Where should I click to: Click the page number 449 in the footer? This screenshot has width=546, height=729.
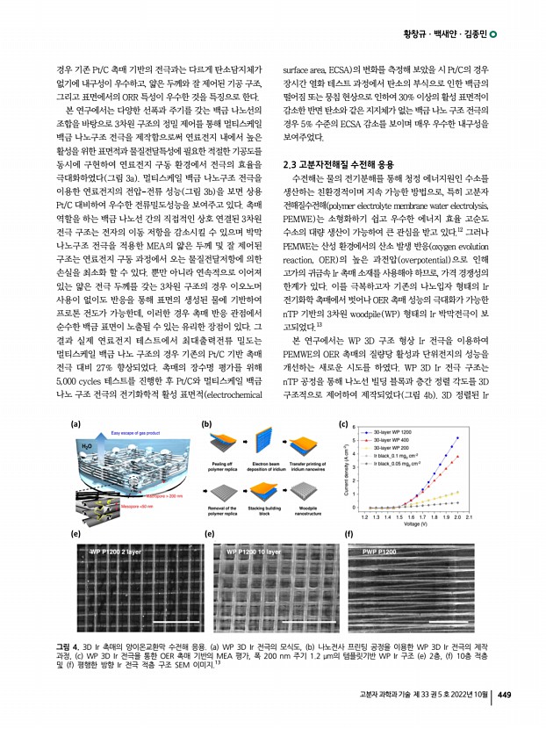[505, 697]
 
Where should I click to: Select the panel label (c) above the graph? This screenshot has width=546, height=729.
[343, 423]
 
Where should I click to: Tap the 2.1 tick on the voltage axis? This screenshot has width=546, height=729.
[470, 518]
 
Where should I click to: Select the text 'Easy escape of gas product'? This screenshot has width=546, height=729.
[129, 433]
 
